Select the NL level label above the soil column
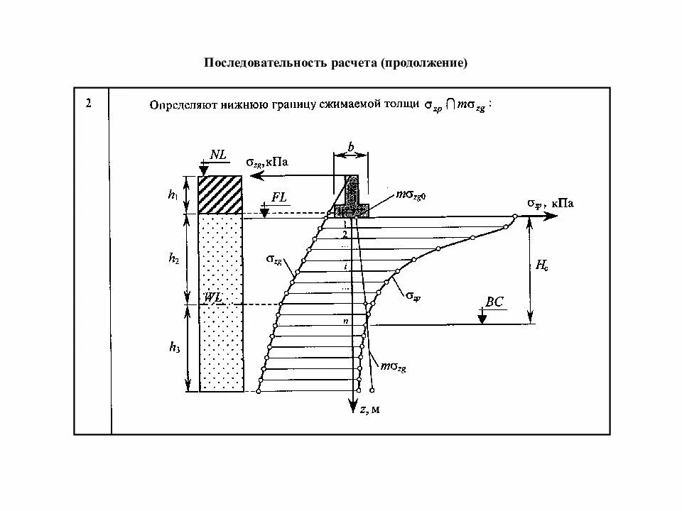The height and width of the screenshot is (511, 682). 217,154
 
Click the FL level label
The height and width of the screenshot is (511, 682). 279,198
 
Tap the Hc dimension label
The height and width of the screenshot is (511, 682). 541,267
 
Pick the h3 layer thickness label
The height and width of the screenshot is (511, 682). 174,347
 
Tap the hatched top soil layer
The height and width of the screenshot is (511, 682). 221,194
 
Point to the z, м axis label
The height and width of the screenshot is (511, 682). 369,410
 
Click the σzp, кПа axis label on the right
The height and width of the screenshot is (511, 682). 550,204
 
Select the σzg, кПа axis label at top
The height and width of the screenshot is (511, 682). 268,162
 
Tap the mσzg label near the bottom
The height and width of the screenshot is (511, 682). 394,366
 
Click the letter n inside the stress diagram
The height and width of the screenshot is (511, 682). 345,322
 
